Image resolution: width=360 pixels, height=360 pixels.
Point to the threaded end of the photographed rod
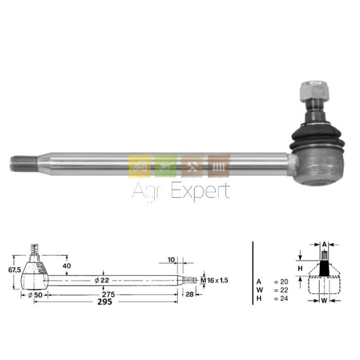[24, 164]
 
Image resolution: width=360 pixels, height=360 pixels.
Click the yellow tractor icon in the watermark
[140, 166]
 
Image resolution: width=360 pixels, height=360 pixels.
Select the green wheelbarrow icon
[166, 166]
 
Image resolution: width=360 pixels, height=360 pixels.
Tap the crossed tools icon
[192, 166]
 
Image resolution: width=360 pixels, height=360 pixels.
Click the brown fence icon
[219, 166]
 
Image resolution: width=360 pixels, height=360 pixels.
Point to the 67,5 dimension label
[15, 270]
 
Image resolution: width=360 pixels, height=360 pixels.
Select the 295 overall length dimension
[105, 302]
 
